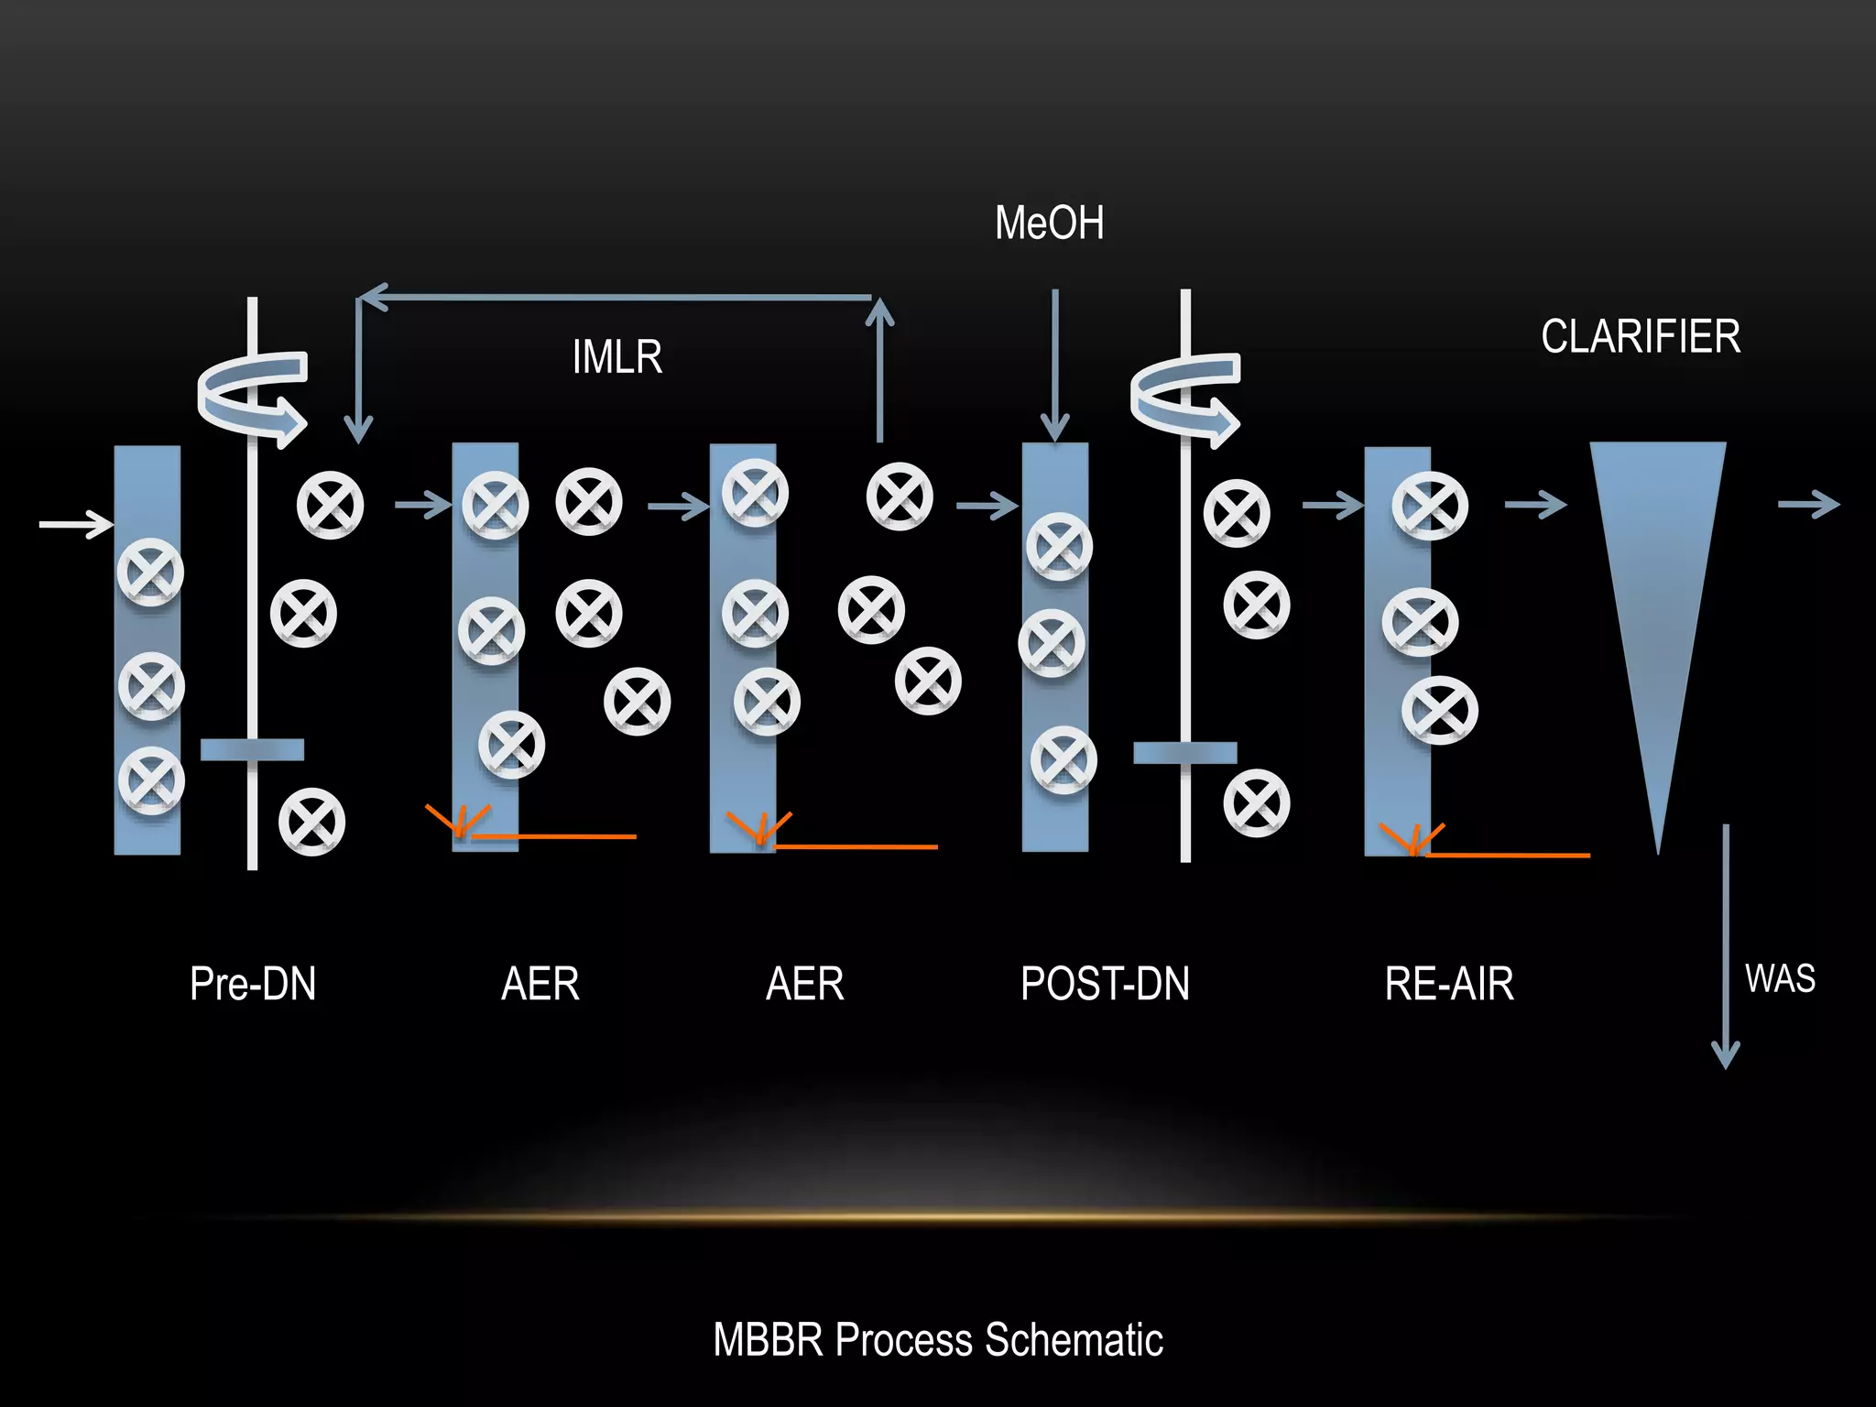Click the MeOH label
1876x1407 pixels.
click(1049, 224)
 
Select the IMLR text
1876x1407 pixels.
click(616, 357)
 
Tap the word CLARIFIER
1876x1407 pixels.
click(1640, 336)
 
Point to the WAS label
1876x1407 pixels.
click(1779, 978)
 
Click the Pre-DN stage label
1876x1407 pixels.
click(253, 984)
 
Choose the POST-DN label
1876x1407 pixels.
click(1105, 984)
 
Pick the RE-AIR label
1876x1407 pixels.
click(1448, 984)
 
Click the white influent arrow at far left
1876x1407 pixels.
click(76, 525)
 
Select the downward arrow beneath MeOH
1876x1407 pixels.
click(1055, 366)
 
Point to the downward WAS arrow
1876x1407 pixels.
click(1725, 943)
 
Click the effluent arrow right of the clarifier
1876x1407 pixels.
click(1808, 504)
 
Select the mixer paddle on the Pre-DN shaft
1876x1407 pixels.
click(252, 749)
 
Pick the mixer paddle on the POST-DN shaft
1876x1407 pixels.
click(1184, 753)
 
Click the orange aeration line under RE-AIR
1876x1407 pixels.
click(1507, 855)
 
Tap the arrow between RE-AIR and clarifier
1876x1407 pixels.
click(1535, 504)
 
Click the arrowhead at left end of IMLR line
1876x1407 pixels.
click(370, 297)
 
